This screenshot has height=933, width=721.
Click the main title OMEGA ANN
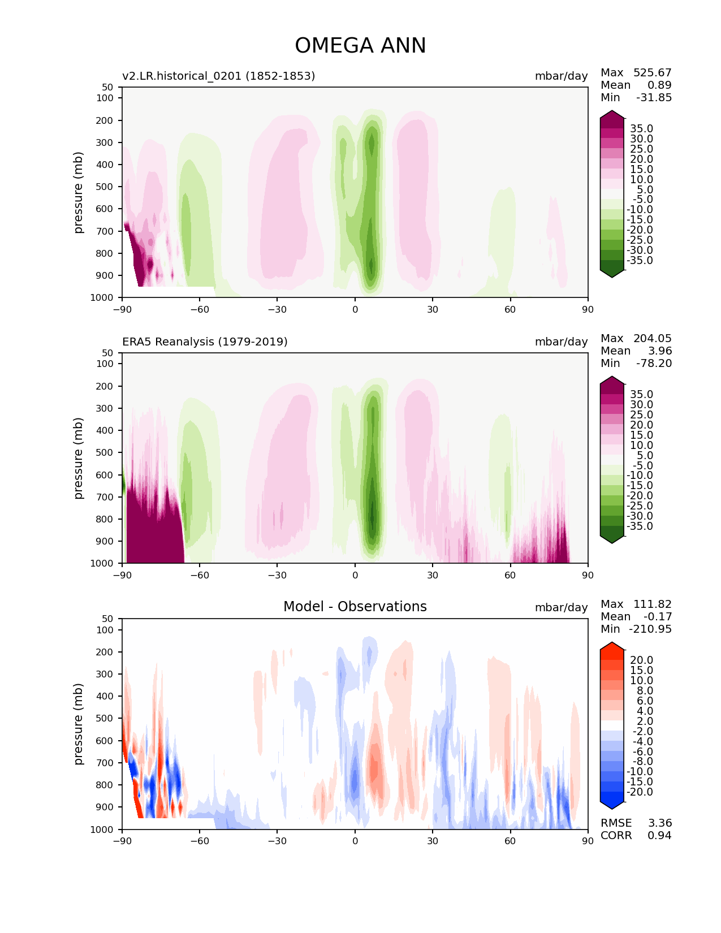360,46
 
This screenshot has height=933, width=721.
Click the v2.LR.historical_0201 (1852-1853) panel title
218,76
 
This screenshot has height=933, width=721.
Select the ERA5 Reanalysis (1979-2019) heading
205,342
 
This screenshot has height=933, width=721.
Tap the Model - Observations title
355,607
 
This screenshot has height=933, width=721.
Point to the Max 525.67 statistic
636,73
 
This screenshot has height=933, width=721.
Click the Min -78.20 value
636,364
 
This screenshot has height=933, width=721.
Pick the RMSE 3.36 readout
636,823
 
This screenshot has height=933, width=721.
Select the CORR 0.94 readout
636,835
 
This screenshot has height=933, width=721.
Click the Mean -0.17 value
636,616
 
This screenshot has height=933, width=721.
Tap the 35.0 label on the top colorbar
641,129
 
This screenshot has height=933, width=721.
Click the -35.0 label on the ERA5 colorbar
640,526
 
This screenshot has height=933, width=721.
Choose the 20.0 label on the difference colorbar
641,660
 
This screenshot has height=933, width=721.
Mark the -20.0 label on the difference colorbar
640,792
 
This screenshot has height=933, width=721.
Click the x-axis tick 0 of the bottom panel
355,841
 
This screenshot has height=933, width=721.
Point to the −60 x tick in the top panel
200,309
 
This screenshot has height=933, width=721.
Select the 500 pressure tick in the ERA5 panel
105,452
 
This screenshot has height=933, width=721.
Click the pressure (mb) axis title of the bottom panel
79,724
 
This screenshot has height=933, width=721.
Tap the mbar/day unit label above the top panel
561,76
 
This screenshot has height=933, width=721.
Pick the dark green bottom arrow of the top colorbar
612,273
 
